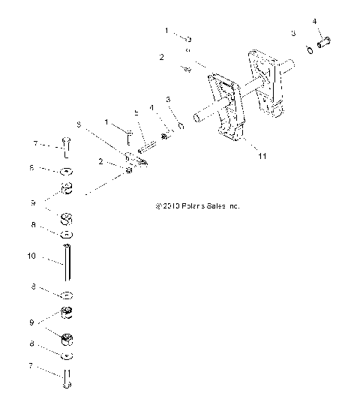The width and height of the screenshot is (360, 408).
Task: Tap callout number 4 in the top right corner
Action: click(x=314, y=20)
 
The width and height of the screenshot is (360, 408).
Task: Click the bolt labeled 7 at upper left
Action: click(x=66, y=146)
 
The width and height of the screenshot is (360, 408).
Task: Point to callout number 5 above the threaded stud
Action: click(x=136, y=112)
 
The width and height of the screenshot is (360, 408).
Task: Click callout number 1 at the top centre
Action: click(x=167, y=30)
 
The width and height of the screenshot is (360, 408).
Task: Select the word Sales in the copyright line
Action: click(x=217, y=204)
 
